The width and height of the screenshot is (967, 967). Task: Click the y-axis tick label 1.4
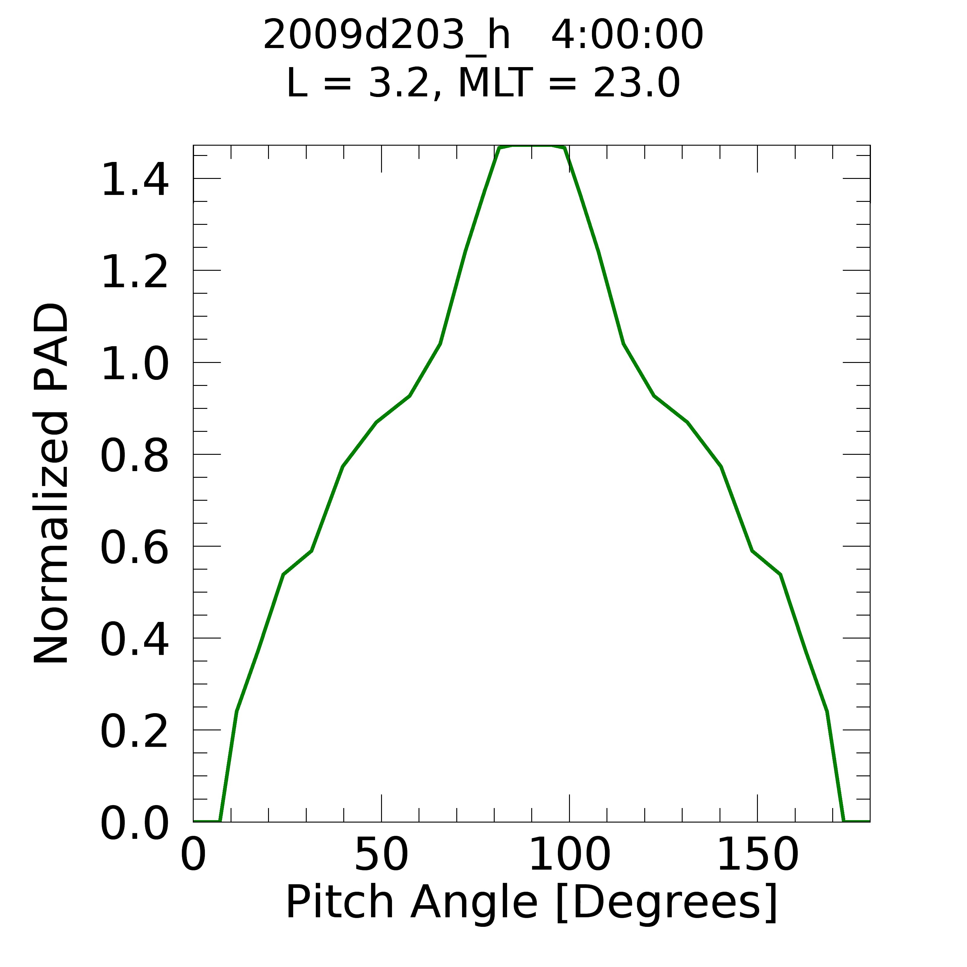[134, 180]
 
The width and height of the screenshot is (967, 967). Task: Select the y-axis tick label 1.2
[134, 272]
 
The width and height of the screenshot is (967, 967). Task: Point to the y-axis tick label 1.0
[134, 364]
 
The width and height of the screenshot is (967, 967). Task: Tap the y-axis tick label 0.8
[134, 457]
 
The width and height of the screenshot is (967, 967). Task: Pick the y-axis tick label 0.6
[134, 548]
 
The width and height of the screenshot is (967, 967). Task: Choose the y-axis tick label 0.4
[134, 641]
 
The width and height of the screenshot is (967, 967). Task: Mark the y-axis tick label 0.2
[134, 733]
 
